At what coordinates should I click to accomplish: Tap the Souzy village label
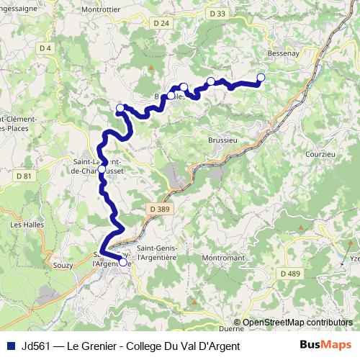63,266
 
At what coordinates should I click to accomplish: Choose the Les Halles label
26,225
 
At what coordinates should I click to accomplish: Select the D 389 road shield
160,208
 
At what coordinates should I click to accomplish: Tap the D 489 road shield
291,274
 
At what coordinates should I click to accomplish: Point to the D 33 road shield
218,14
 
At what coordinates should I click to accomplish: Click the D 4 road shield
46,48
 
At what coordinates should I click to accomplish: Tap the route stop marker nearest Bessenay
261,77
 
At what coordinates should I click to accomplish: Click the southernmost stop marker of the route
123,263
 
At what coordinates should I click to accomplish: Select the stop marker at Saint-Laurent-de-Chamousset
102,171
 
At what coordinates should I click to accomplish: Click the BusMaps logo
329,346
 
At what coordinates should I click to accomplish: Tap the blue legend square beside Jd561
9,346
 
